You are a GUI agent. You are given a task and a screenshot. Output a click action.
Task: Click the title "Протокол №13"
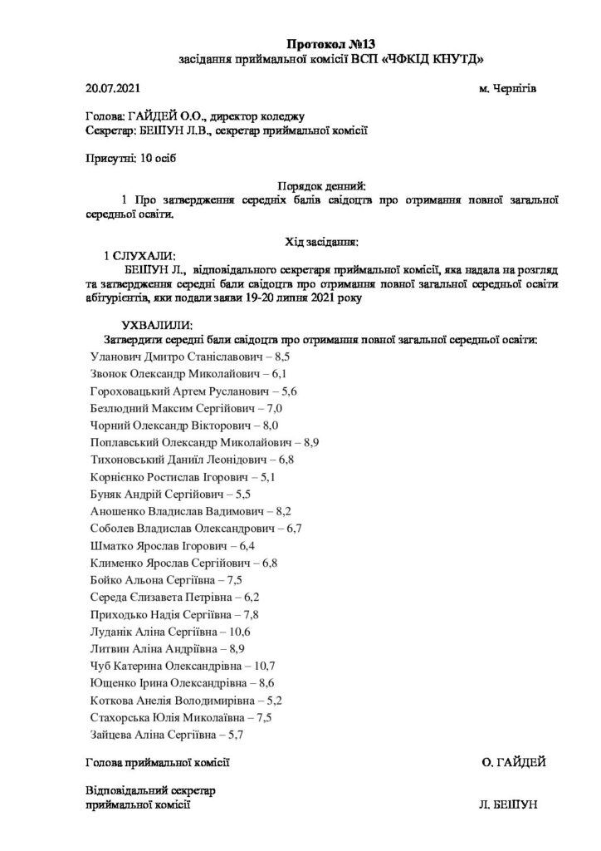pyautogui.click(x=325, y=43)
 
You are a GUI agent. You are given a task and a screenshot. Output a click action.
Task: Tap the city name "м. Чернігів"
pyautogui.click(x=508, y=88)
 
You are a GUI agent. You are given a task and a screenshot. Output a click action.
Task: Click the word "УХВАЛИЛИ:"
pyautogui.click(x=156, y=324)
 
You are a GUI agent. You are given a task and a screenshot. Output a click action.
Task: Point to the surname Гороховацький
pyautogui.click(x=130, y=391)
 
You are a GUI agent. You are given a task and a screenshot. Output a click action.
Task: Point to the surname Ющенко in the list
pyautogui.click(x=112, y=682)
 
